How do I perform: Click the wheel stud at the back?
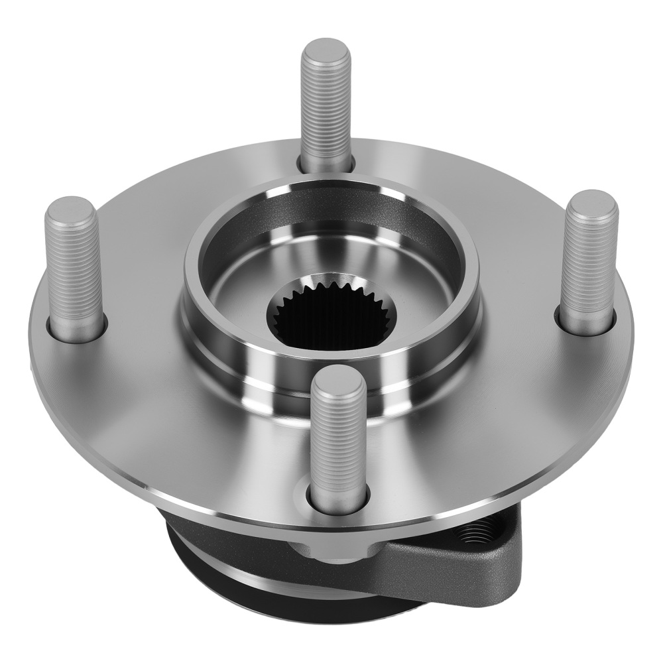[325, 106]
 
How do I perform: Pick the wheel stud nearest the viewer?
[339, 438]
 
